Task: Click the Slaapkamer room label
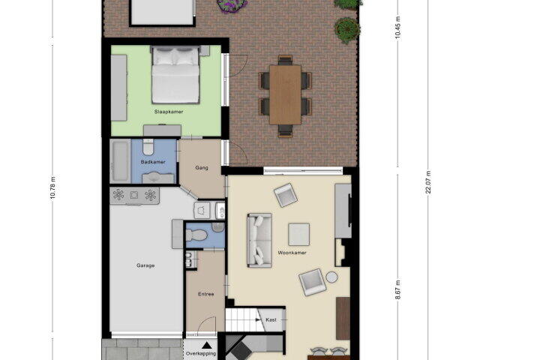169,112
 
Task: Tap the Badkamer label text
153,161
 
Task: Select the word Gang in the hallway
202,168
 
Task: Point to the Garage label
145,265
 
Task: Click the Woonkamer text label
292,253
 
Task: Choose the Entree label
206,294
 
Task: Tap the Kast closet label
271,319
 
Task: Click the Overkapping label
201,353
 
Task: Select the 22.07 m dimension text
428,182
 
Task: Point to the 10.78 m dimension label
52,187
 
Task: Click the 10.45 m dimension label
398,28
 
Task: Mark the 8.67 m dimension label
398,289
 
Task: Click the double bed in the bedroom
175,75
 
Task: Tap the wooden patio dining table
286,94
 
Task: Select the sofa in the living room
259,241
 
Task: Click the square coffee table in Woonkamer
299,235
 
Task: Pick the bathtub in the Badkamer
120,161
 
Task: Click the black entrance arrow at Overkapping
206,345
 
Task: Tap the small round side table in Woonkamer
331,277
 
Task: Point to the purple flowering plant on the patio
232,4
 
